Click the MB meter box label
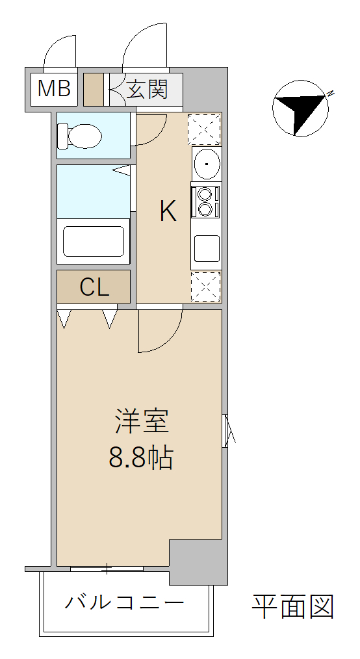pos(54,88)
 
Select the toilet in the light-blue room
pos(80,136)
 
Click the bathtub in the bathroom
pos(94,241)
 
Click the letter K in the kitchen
pos(168,211)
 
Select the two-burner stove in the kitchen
pos(205,201)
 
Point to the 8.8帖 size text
pos(141,458)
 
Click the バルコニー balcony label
pos(124,603)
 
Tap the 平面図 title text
pos(293,606)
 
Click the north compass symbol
pos(301,108)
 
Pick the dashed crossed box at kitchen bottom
pos(206,287)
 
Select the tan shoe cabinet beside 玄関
pos(94,90)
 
